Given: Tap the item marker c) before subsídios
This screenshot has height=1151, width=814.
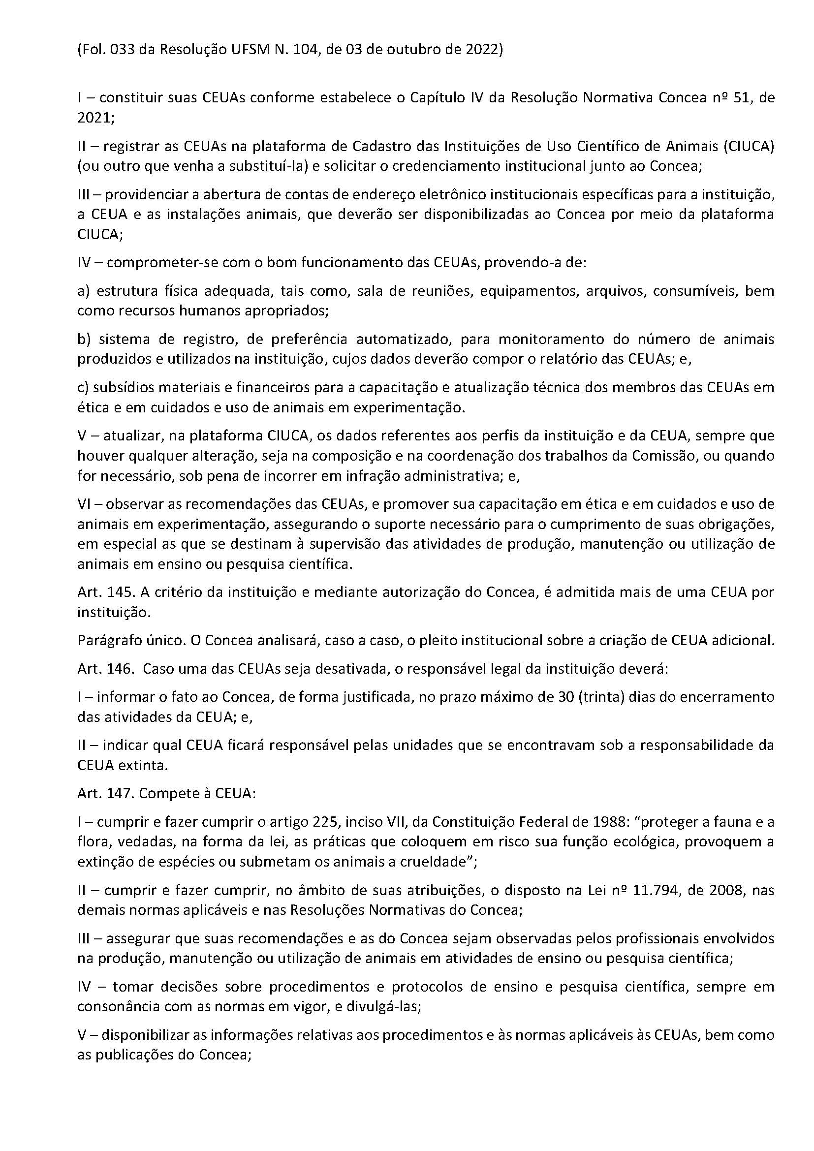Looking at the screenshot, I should click(x=83, y=387).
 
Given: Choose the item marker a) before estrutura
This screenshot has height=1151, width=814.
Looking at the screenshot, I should click(x=83, y=291).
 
